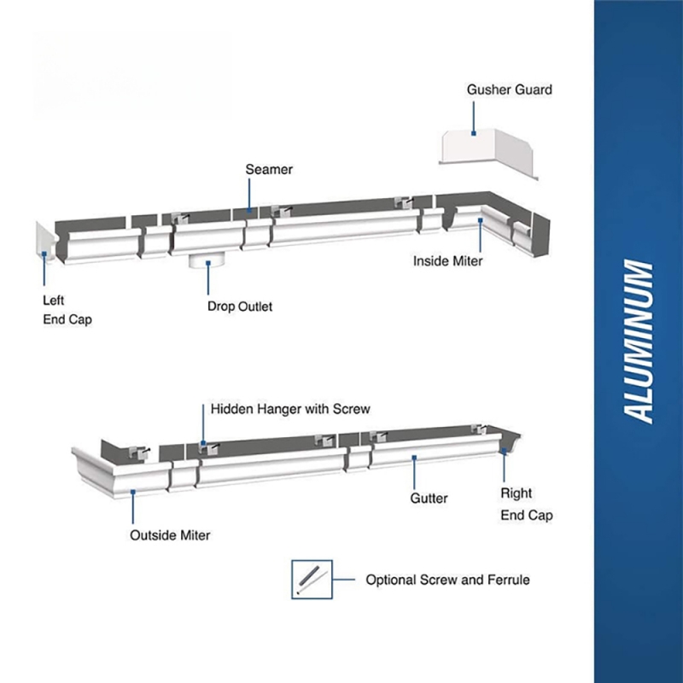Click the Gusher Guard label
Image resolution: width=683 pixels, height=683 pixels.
(x=509, y=90)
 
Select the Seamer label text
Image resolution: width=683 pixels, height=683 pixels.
(x=269, y=169)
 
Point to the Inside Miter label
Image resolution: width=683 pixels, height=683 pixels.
(x=447, y=261)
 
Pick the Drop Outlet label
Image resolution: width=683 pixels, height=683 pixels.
(x=240, y=306)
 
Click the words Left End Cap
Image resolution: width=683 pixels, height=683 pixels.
(x=67, y=310)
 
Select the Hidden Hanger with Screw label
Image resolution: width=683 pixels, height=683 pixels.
(x=290, y=409)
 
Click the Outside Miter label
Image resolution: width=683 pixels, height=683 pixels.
(x=170, y=535)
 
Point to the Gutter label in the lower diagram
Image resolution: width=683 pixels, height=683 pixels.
(x=429, y=499)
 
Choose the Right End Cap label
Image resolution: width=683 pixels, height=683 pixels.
(x=527, y=504)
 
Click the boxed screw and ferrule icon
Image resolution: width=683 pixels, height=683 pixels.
(x=312, y=580)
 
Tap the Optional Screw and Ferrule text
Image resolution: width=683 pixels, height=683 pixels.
(x=447, y=580)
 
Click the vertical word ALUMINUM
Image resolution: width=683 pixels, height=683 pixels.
(x=638, y=341)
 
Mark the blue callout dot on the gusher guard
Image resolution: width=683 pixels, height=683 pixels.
(x=474, y=133)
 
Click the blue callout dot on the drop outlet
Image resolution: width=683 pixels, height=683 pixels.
(x=208, y=263)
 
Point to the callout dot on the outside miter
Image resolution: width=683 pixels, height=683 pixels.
(x=133, y=492)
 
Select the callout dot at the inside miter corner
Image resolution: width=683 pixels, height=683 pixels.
(x=481, y=220)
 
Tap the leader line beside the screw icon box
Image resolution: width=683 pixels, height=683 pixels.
(x=344, y=580)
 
